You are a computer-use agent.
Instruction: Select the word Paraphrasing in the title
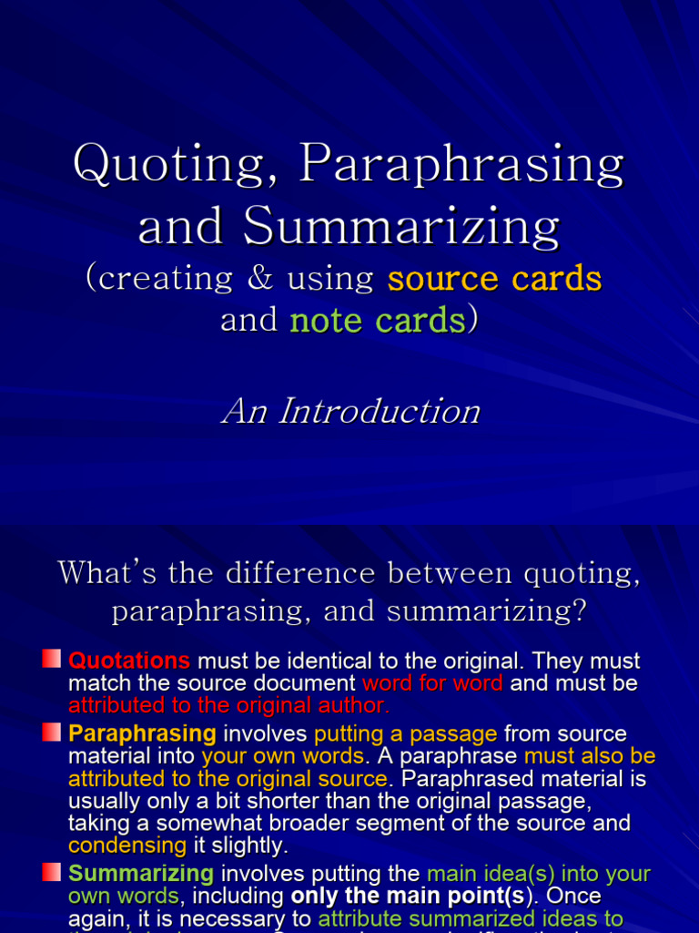pyautogui.click(x=462, y=166)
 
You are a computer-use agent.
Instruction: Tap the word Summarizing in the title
pyautogui.click(x=401, y=226)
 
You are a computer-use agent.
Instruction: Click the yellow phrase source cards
pyautogui.click(x=494, y=279)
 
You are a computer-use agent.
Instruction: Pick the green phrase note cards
pyautogui.click(x=377, y=321)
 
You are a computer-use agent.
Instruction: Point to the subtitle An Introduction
pyautogui.click(x=350, y=411)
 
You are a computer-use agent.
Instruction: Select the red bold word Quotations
pyautogui.click(x=129, y=661)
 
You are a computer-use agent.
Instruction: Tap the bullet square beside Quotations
pyautogui.click(x=52, y=658)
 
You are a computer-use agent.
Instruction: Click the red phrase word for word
pyautogui.click(x=432, y=683)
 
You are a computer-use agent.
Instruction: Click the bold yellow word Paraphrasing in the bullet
pyautogui.click(x=142, y=733)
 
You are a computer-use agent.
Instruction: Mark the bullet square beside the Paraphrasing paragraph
pyautogui.click(x=52, y=731)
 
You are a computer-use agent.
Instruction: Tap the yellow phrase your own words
pyautogui.click(x=283, y=756)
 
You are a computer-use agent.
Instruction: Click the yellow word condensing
pyautogui.click(x=127, y=846)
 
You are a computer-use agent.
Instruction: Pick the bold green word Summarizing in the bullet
pyautogui.click(x=141, y=874)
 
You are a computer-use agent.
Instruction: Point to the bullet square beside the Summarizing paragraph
pyautogui.click(x=52, y=871)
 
